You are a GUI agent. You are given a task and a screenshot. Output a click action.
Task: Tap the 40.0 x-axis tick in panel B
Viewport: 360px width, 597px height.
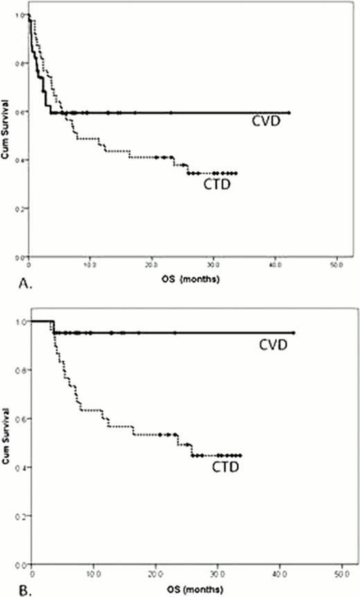point(280,573)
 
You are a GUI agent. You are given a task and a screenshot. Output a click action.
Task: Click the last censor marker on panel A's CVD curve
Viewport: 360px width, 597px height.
point(289,112)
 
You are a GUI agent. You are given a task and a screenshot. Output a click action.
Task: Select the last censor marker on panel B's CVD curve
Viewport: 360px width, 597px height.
point(294,333)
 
